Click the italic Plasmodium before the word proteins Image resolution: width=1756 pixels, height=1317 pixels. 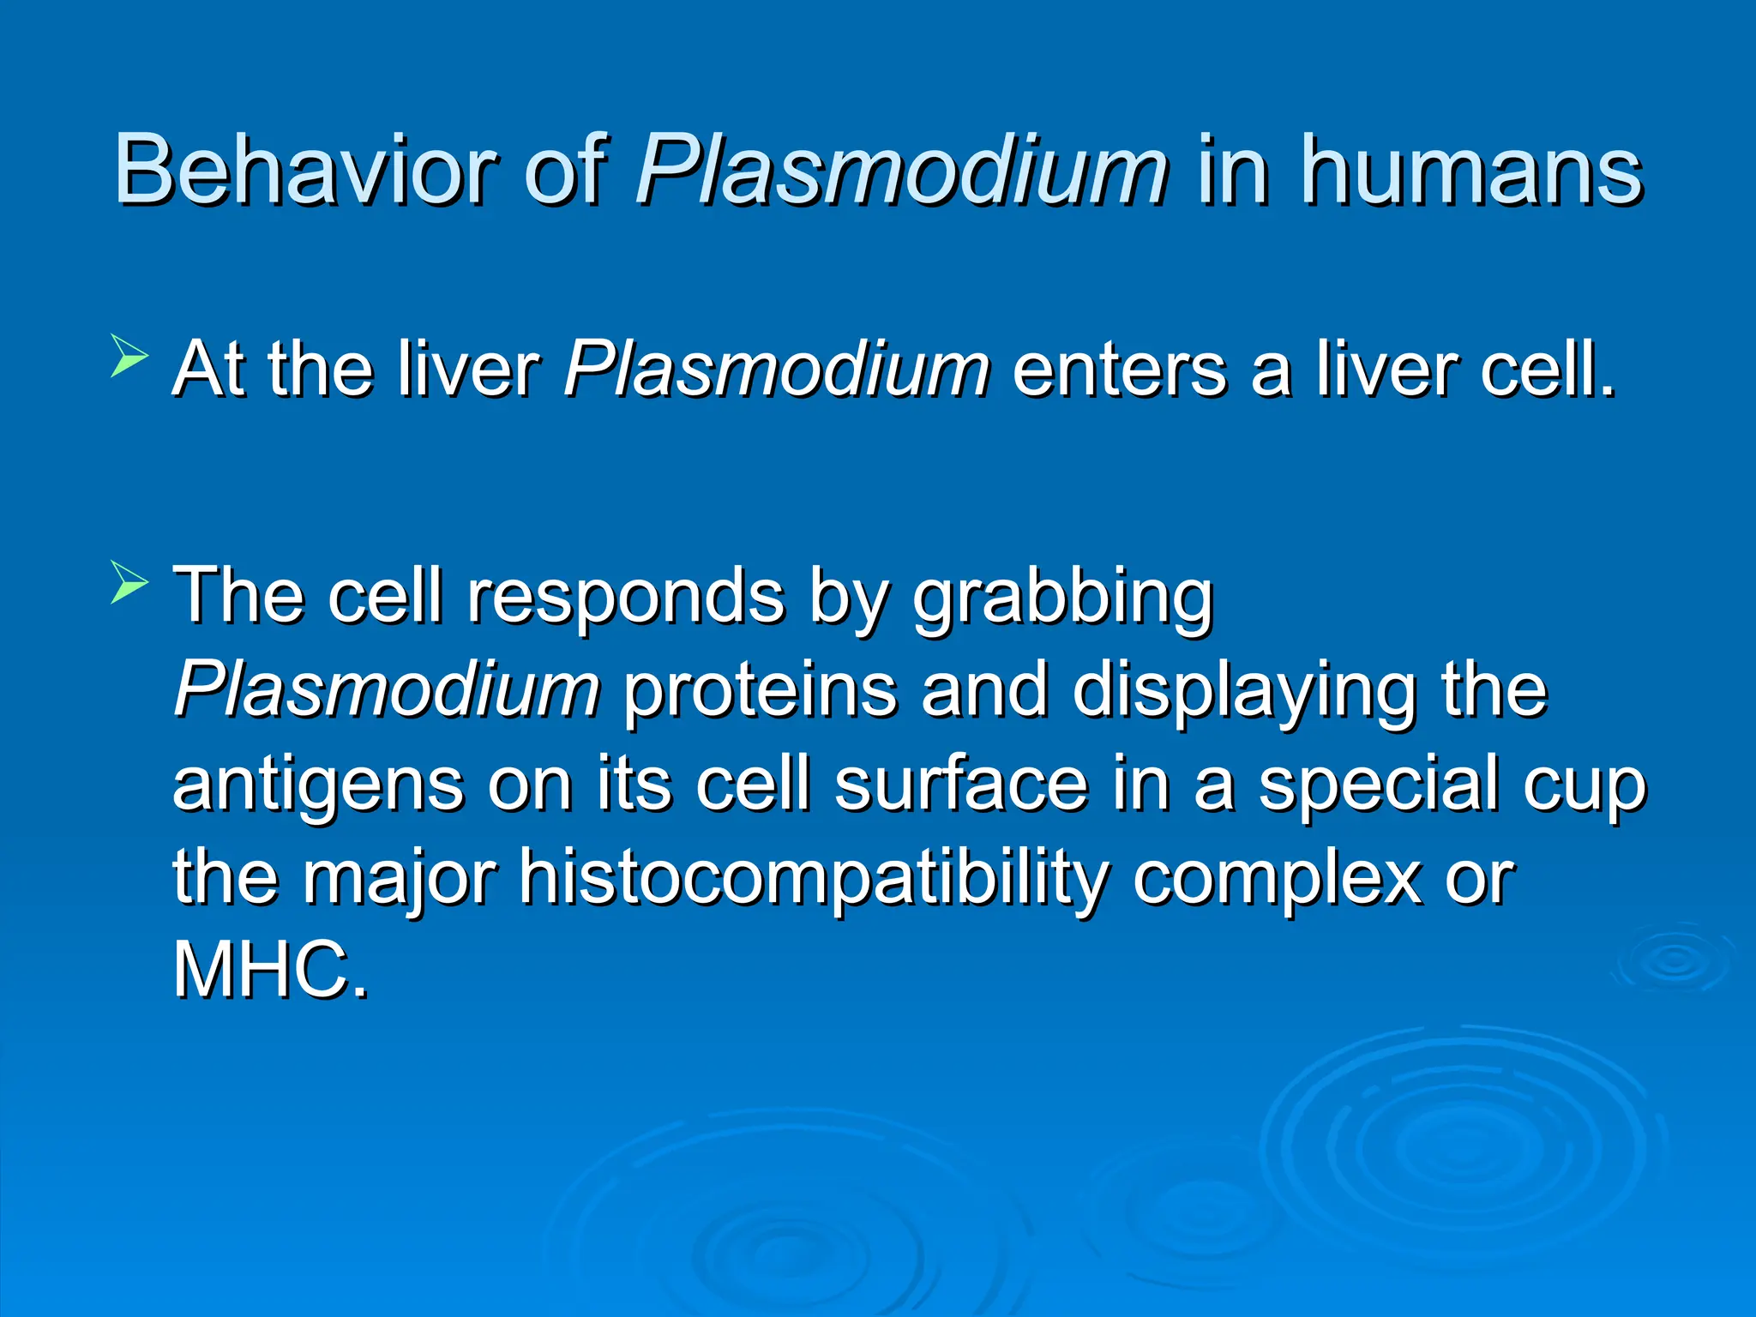[x=388, y=690]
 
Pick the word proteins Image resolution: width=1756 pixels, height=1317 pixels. [x=760, y=690]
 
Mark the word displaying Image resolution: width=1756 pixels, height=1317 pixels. [x=1244, y=690]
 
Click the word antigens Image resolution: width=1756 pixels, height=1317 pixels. [x=317, y=785]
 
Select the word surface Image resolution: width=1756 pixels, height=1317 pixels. [x=961, y=785]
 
